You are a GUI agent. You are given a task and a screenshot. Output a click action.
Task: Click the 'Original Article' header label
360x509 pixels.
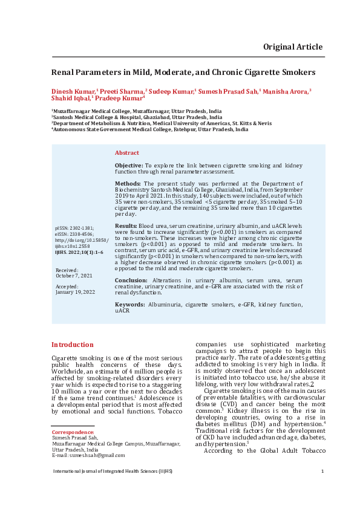pyautogui.click(x=292, y=47)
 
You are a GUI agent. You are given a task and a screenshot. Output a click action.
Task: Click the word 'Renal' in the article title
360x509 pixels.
pyautogui.click(x=63, y=71)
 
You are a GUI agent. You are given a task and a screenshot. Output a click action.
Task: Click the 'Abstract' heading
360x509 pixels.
pyautogui.click(x=126, y=153)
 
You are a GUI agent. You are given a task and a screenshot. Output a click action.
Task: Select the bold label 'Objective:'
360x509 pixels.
pyautogui.click(x=129, y=165)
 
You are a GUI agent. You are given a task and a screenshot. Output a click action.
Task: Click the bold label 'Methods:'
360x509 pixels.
pyautogui.click(x=128, y=183)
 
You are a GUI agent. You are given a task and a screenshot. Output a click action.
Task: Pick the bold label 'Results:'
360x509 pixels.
pyautogui.click(x=126, y=225)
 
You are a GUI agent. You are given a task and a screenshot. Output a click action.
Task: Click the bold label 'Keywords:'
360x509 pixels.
pyautogui.click(x=130, y=304)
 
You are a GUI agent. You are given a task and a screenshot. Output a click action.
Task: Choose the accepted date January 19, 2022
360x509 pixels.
pyautogui.click(x=75, y=292)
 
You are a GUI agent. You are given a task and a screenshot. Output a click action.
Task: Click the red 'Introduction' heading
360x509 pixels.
pyautogui.click(x=72, y=345)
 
